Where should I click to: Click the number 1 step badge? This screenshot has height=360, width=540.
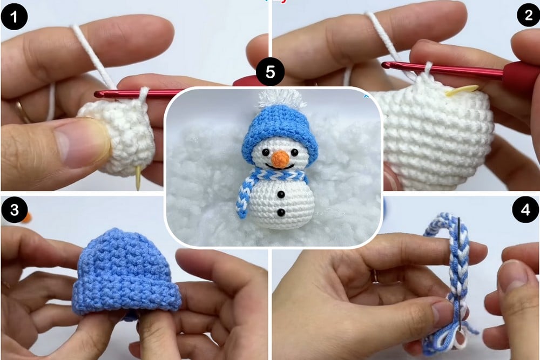(x=14, y=17)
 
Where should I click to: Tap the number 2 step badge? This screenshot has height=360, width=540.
(x=528, y=15)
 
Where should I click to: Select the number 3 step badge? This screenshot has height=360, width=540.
(x=14, y=209)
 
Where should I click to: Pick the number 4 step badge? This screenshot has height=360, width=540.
(x=525, y=209)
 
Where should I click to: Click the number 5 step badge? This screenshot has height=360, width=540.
(x=271, y=72)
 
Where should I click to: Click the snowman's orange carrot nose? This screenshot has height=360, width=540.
(x=280, y=158)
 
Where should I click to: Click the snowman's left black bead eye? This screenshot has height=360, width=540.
(x=265, y=152)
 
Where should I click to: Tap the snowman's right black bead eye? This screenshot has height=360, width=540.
(x=295, y=152)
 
